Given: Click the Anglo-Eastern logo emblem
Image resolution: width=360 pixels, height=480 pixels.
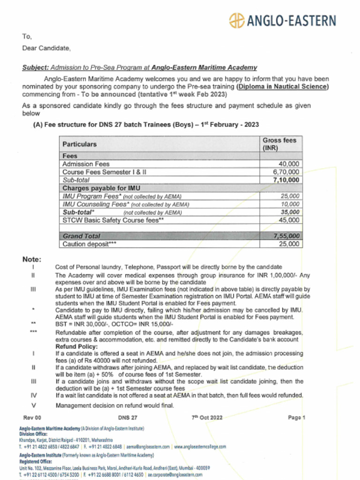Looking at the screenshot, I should click(237, 21).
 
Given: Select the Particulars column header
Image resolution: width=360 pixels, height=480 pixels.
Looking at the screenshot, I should click(80, 144).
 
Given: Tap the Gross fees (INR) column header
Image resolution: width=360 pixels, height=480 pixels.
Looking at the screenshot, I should click(279, 144).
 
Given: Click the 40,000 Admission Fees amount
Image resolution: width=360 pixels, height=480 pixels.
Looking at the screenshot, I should click(289, 164).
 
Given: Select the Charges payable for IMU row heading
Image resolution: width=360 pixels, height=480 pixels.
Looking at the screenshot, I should click(98, 188).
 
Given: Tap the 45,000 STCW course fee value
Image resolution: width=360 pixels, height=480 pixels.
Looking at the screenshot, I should click(289, 220).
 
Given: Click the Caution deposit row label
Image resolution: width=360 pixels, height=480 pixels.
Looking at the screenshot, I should click(89, 244).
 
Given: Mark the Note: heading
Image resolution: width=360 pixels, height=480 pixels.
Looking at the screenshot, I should click(32, 259).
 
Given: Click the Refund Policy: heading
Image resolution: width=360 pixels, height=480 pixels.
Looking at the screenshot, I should click(77, 346).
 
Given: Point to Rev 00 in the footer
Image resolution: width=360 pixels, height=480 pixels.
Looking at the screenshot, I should click(32, 417).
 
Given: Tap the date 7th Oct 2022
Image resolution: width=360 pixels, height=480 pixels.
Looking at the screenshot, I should click(207, 417).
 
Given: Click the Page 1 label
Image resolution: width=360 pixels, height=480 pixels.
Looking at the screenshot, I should click(297, 417).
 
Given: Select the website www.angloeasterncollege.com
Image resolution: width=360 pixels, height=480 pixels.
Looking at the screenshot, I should click(200, 447).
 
